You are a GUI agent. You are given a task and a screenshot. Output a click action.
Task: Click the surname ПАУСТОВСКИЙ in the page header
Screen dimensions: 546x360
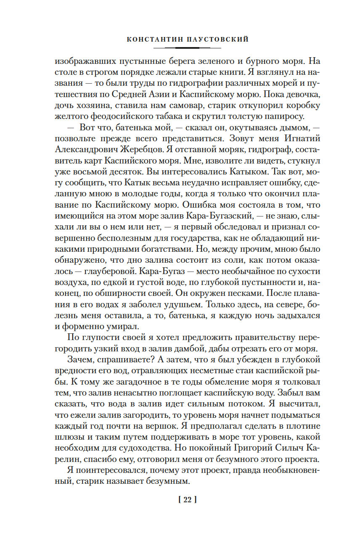point(216,40)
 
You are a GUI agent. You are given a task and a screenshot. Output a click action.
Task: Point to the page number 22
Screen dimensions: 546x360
point(188,500)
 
